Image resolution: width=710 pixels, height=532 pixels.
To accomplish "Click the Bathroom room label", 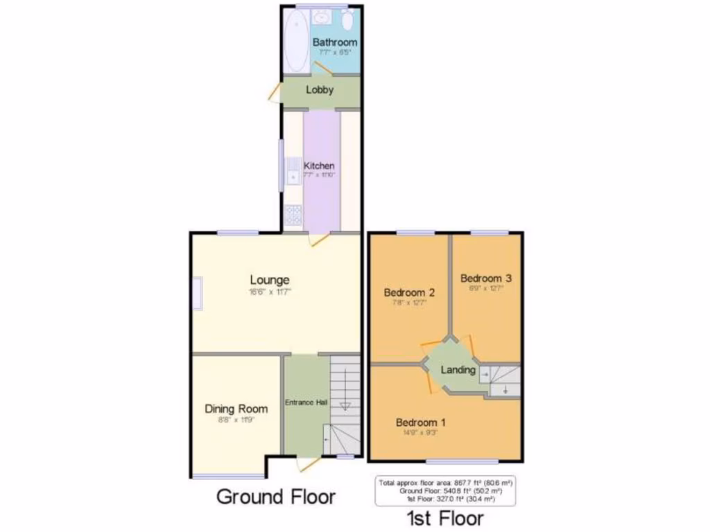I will coord(335,42).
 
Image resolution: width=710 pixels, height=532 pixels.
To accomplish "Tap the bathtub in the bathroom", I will coord(295,41).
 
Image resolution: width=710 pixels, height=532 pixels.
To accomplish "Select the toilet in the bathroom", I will coord(347,19).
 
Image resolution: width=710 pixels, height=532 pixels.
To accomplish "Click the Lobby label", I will coord(320,89).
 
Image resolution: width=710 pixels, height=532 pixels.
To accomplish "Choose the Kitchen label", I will coord(319,166).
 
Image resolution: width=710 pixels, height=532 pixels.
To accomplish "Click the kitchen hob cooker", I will coord(292,215).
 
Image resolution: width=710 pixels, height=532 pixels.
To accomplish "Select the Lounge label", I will coord(270,281).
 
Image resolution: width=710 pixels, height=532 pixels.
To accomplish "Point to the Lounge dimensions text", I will coord(270,292).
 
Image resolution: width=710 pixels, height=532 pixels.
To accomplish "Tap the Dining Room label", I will coord(236,409).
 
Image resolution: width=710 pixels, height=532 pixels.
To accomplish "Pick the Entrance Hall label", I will coord(306,402).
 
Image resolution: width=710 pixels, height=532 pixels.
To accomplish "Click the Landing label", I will coord(458,370).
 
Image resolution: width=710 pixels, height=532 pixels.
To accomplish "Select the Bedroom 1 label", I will coord(421,423).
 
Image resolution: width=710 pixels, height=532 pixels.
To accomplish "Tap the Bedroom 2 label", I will coord(409,292).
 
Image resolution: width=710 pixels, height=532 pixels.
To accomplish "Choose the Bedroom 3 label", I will coord(486,278).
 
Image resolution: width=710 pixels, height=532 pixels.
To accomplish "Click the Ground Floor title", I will coord(276,497).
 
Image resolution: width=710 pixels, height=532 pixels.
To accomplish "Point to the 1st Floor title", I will coord(446,518).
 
